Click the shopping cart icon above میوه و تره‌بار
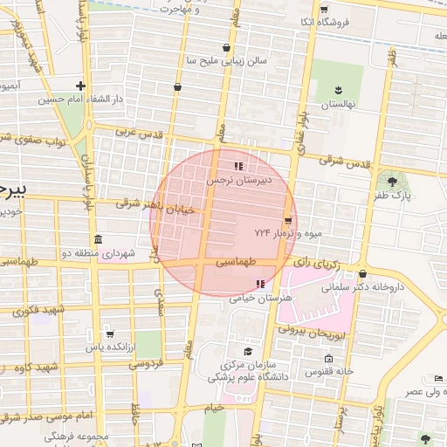(288, 219)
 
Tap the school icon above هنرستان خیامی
(259, 284)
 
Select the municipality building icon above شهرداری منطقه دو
(97, 239)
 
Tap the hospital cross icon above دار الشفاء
(81, 86)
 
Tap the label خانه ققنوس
(328, 373)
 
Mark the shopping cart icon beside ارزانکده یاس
(109, 334)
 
